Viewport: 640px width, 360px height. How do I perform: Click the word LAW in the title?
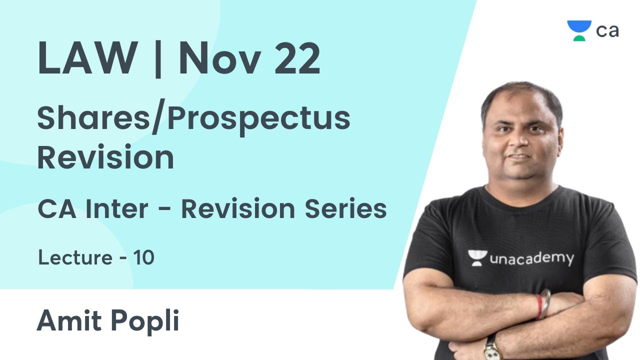click(87, 60)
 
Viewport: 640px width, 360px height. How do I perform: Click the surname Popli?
click(145, 321)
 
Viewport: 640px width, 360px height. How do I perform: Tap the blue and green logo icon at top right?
click(579, 30)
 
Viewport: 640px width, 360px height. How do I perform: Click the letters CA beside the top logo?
click(607, 31)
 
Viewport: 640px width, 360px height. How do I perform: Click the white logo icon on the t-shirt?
click(477, 257)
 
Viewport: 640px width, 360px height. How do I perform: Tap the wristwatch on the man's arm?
click(492, 347)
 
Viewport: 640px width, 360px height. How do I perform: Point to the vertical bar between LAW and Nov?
click(158, 59)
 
